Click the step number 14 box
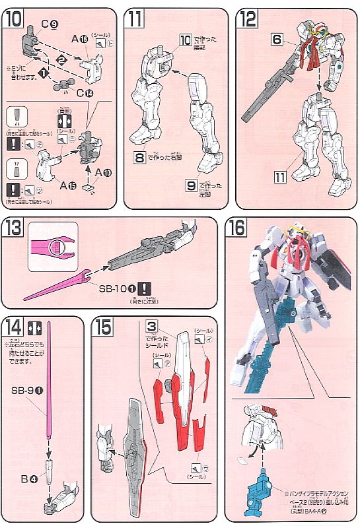point(13,327)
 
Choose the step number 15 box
point(103,327)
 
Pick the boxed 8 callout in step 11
point(139,158)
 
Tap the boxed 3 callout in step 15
point(151,327)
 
